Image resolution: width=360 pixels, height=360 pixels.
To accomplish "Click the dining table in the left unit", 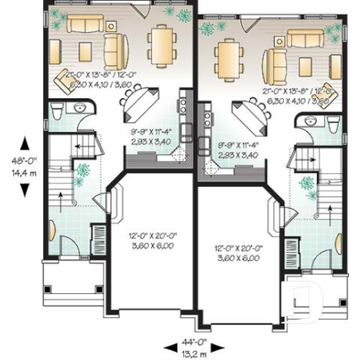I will click(x=161, y=45).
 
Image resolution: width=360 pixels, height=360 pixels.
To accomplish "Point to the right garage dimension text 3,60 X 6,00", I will click(x=238, y=258).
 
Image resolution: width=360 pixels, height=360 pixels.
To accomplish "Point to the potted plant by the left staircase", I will click(x=83, y=172).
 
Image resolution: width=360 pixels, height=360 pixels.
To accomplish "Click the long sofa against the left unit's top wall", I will click(x=88, y=25).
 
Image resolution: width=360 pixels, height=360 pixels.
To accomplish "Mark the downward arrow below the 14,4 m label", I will click(x=25, y=189).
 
